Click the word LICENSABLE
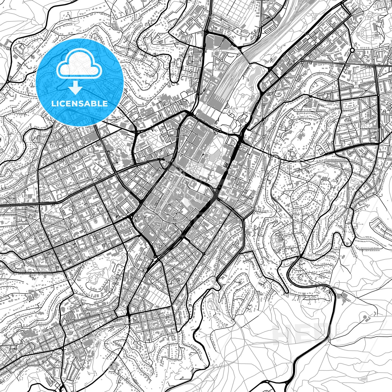point(79,104)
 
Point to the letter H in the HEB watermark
point(282,333)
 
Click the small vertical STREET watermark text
point(339,333)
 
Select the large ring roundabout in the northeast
point(352,50)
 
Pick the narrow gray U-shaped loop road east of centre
point(275,174)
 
